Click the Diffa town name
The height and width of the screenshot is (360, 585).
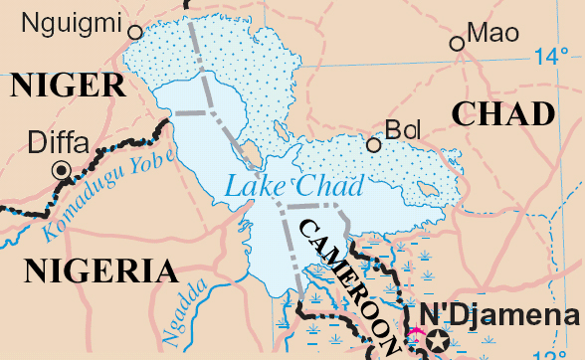pos(59,141)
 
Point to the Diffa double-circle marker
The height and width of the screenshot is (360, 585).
pos(62,171)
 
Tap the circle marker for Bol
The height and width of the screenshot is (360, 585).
pos(374,145)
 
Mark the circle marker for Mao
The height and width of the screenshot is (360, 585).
pos(457,43)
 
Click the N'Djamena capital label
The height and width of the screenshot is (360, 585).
pos(500,315)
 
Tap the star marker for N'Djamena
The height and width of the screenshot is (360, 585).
pos(437,342)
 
